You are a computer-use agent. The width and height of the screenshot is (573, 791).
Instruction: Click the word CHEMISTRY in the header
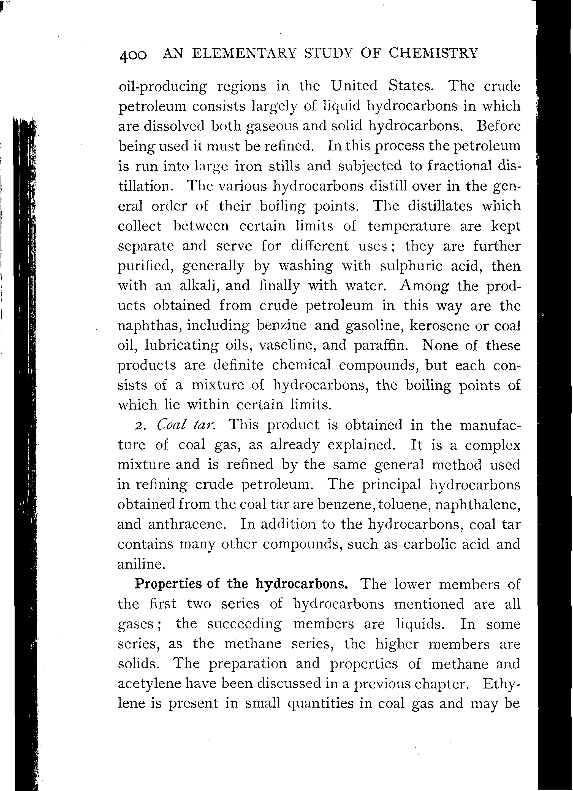433,53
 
